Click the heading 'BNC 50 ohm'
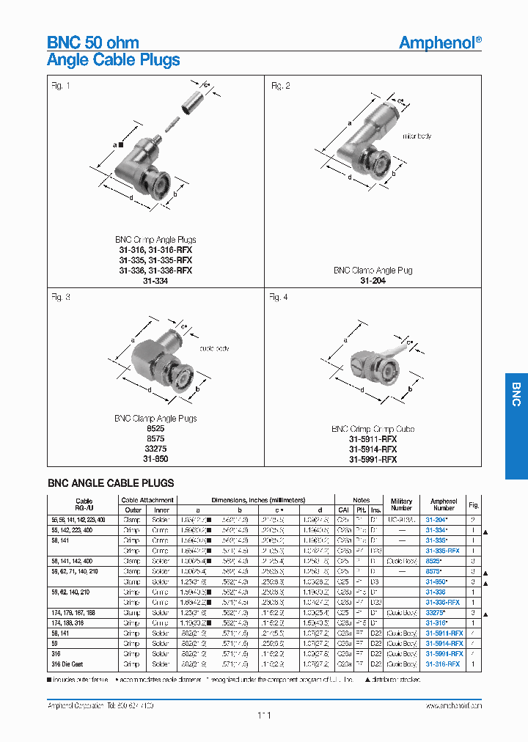(x=92, y=43)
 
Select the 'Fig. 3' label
(x=61, y=297)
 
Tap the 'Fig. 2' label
(x=280, y=87)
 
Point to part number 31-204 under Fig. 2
(x=373, y=281)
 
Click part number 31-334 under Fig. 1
(x=155, y=281)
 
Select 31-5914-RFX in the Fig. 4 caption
(x=373, y=449)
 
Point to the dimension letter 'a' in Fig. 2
(x=350, y=123)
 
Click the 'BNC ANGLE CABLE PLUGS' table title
(x=111, y=483)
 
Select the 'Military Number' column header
(x=401, y=504)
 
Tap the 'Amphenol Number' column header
(x=443, y=504)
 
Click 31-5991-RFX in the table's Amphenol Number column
(x=444, y=653)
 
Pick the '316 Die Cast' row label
(x=70, y=664)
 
